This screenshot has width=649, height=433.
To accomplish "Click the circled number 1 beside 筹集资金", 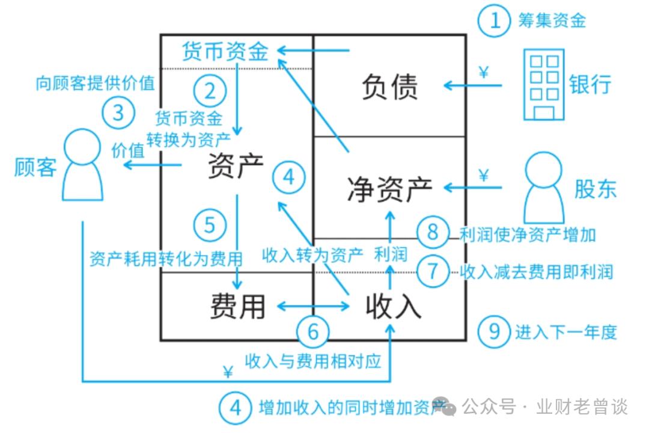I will click(x=495, y=20).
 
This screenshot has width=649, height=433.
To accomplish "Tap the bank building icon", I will click(x=543, y=84).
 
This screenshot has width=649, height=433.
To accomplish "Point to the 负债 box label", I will click(x=389, y=87).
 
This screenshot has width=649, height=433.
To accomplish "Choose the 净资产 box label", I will click(x=389, y=189).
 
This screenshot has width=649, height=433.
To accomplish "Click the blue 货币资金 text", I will click(x=225, y=51).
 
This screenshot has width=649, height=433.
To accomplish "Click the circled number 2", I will click(x=210, y=92).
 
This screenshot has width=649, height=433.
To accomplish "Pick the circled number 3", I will click(x=118, y=112).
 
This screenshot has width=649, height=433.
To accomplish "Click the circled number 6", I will click(x=313, y=331).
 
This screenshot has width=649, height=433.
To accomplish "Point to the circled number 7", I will click(x=433, y=271).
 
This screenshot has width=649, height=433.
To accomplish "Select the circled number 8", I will click(x=433, y=233).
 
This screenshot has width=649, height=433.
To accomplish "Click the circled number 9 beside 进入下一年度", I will click(x=494, y=331).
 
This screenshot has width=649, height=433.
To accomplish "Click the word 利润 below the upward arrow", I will click(x=390, y=254).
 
